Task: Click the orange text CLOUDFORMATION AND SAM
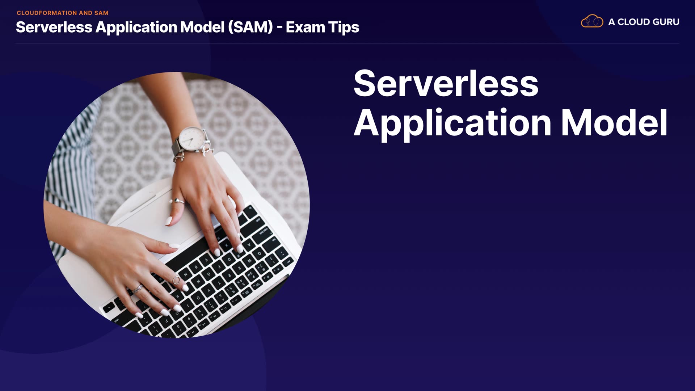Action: click(63, 13)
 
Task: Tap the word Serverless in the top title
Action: click(54, 27)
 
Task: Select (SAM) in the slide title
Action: click(250, 27)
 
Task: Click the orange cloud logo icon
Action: click(592, 21)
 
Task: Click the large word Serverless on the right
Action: click(446, 83)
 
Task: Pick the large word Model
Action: click(614, 122)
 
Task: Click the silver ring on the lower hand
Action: click(137, 289)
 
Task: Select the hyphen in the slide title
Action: click(279, 28)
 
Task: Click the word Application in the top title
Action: click(136, 28)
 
